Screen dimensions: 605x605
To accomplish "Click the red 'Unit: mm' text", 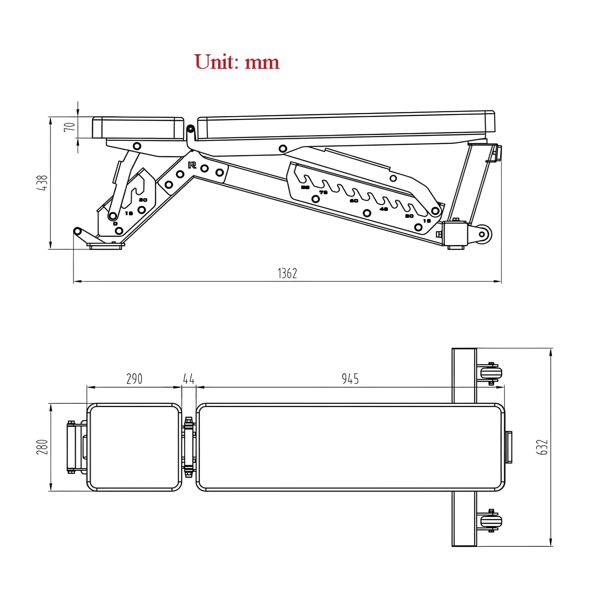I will [x=236, y=62].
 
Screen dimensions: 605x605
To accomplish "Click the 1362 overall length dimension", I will [x=287, y=273].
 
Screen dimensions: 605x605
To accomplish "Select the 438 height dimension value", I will [x=43, y=182].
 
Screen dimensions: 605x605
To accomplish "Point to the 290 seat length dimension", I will [x=134, y=379].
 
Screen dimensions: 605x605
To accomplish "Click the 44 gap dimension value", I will [x=188, y=379].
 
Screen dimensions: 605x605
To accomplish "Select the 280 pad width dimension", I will [x=43, y=447].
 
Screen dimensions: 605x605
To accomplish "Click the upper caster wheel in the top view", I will [x=491, y=373].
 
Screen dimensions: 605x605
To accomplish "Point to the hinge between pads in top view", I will [x=189, y=447].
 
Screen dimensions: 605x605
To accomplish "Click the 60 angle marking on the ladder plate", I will [x=354, y=201].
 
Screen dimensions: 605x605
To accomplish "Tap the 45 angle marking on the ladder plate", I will [x=384, y=209].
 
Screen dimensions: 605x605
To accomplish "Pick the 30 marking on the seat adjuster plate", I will [x=143, y=200].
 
